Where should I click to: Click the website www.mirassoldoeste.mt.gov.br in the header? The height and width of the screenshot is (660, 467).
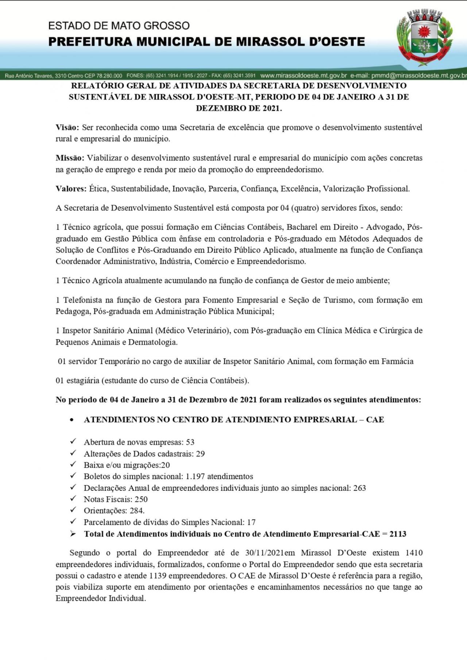[x=304, y=76]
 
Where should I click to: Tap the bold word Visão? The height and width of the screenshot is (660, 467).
[x=67, y=127]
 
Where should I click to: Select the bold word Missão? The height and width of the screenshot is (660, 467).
[x=70, y=158]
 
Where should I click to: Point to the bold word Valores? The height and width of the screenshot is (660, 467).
[x=71, y=189]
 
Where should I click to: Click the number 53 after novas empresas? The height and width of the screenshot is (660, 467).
[x=190, y=442]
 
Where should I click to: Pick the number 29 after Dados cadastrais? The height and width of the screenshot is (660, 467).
[x=200, y=454]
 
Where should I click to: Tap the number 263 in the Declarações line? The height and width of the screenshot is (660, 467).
[x=359, y=488]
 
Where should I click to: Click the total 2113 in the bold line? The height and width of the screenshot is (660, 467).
[x=398, y=534]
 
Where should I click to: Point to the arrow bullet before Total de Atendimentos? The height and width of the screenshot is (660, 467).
[x=73, y=534]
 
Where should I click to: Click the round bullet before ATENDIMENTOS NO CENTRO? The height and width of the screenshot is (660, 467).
[x=72, y=420]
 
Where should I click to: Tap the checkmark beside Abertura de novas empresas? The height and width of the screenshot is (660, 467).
[x=73, y=442]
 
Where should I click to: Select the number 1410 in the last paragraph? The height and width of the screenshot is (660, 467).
[x=414, y=553]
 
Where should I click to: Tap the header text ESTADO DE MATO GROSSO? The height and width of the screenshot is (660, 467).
[x=119, y=26]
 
